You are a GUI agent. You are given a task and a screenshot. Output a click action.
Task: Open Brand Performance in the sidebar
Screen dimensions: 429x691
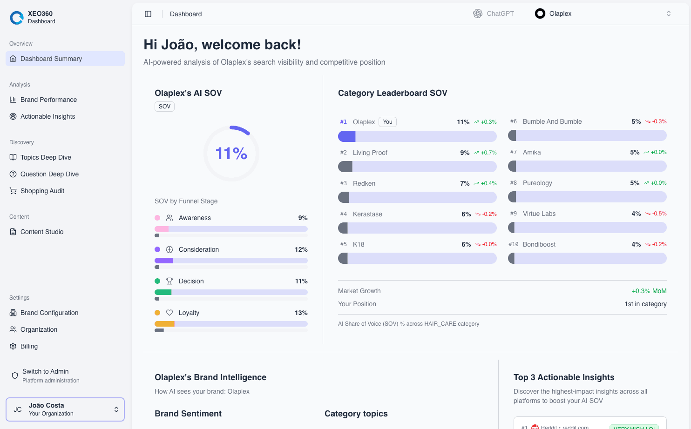[48, 100]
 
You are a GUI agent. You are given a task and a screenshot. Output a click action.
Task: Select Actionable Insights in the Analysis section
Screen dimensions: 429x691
[47, 116]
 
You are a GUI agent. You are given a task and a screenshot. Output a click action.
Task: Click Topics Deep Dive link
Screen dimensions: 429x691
[46, 157]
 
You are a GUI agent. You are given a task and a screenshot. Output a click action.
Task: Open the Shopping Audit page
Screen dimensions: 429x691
[42, 191]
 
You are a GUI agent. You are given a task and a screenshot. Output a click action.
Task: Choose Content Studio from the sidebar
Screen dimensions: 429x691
[42, 232]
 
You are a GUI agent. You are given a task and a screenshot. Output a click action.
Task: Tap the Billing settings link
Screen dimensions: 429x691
[29, 346]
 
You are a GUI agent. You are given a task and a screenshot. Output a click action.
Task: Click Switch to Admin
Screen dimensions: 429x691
[46, 371]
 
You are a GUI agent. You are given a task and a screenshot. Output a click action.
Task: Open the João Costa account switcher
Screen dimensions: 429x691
[65, 409]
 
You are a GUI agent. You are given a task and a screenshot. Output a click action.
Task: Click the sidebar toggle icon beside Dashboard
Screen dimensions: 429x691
[148, 14]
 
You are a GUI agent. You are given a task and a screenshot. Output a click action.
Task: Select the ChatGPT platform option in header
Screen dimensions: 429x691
[494, 13]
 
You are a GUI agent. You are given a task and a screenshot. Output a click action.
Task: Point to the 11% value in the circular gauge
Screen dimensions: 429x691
[231, 153]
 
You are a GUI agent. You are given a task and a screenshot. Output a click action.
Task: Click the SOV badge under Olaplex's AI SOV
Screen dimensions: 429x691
[164, 107]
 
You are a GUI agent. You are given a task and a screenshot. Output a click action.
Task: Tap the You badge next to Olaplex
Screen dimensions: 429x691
[387, 122]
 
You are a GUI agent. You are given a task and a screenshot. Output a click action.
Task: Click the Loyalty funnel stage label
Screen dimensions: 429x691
[189, 313]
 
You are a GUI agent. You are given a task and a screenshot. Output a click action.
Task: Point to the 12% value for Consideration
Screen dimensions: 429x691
[301, 249]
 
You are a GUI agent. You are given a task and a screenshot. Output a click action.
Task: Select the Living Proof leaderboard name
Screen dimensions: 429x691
[370, 153]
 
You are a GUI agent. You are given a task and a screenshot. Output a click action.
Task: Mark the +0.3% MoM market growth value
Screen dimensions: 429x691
[649, 291]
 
